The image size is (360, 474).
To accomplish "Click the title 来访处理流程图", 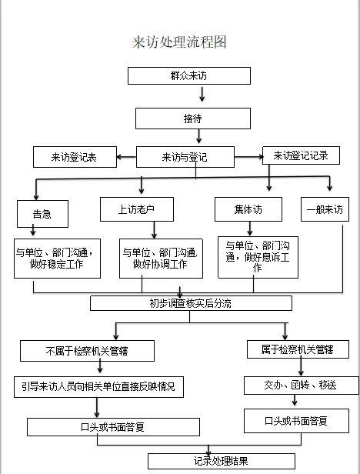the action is [179, 42].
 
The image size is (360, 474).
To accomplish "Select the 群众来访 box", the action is [189, 75].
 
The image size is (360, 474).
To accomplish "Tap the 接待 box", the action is [193, 118].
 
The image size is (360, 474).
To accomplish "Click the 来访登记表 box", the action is [75, 157].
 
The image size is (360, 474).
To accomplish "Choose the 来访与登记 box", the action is [185, 157].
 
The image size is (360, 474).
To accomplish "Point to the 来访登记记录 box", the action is [301, 155].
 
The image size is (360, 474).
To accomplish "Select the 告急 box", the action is [42, 214].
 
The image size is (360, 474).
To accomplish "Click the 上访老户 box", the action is [137, 209].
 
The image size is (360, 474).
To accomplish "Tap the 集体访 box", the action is [248, 209].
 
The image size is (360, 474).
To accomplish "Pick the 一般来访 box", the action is [325, 209].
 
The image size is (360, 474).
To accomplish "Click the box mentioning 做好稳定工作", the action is [57, 259].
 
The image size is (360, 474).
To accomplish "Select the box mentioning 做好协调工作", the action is [161, 259].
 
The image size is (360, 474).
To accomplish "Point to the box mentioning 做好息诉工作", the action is [258, 257].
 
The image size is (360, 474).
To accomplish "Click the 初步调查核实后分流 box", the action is [191, 303].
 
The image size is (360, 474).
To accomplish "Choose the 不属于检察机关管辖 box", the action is [88, 351].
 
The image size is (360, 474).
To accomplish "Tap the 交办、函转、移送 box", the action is [302, 386].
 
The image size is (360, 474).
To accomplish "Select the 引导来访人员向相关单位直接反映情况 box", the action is [98, 387].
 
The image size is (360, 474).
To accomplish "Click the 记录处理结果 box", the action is [222, 461].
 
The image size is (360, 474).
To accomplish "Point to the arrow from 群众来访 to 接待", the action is [202, 94].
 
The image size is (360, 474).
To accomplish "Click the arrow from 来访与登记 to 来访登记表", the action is [126, 157].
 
